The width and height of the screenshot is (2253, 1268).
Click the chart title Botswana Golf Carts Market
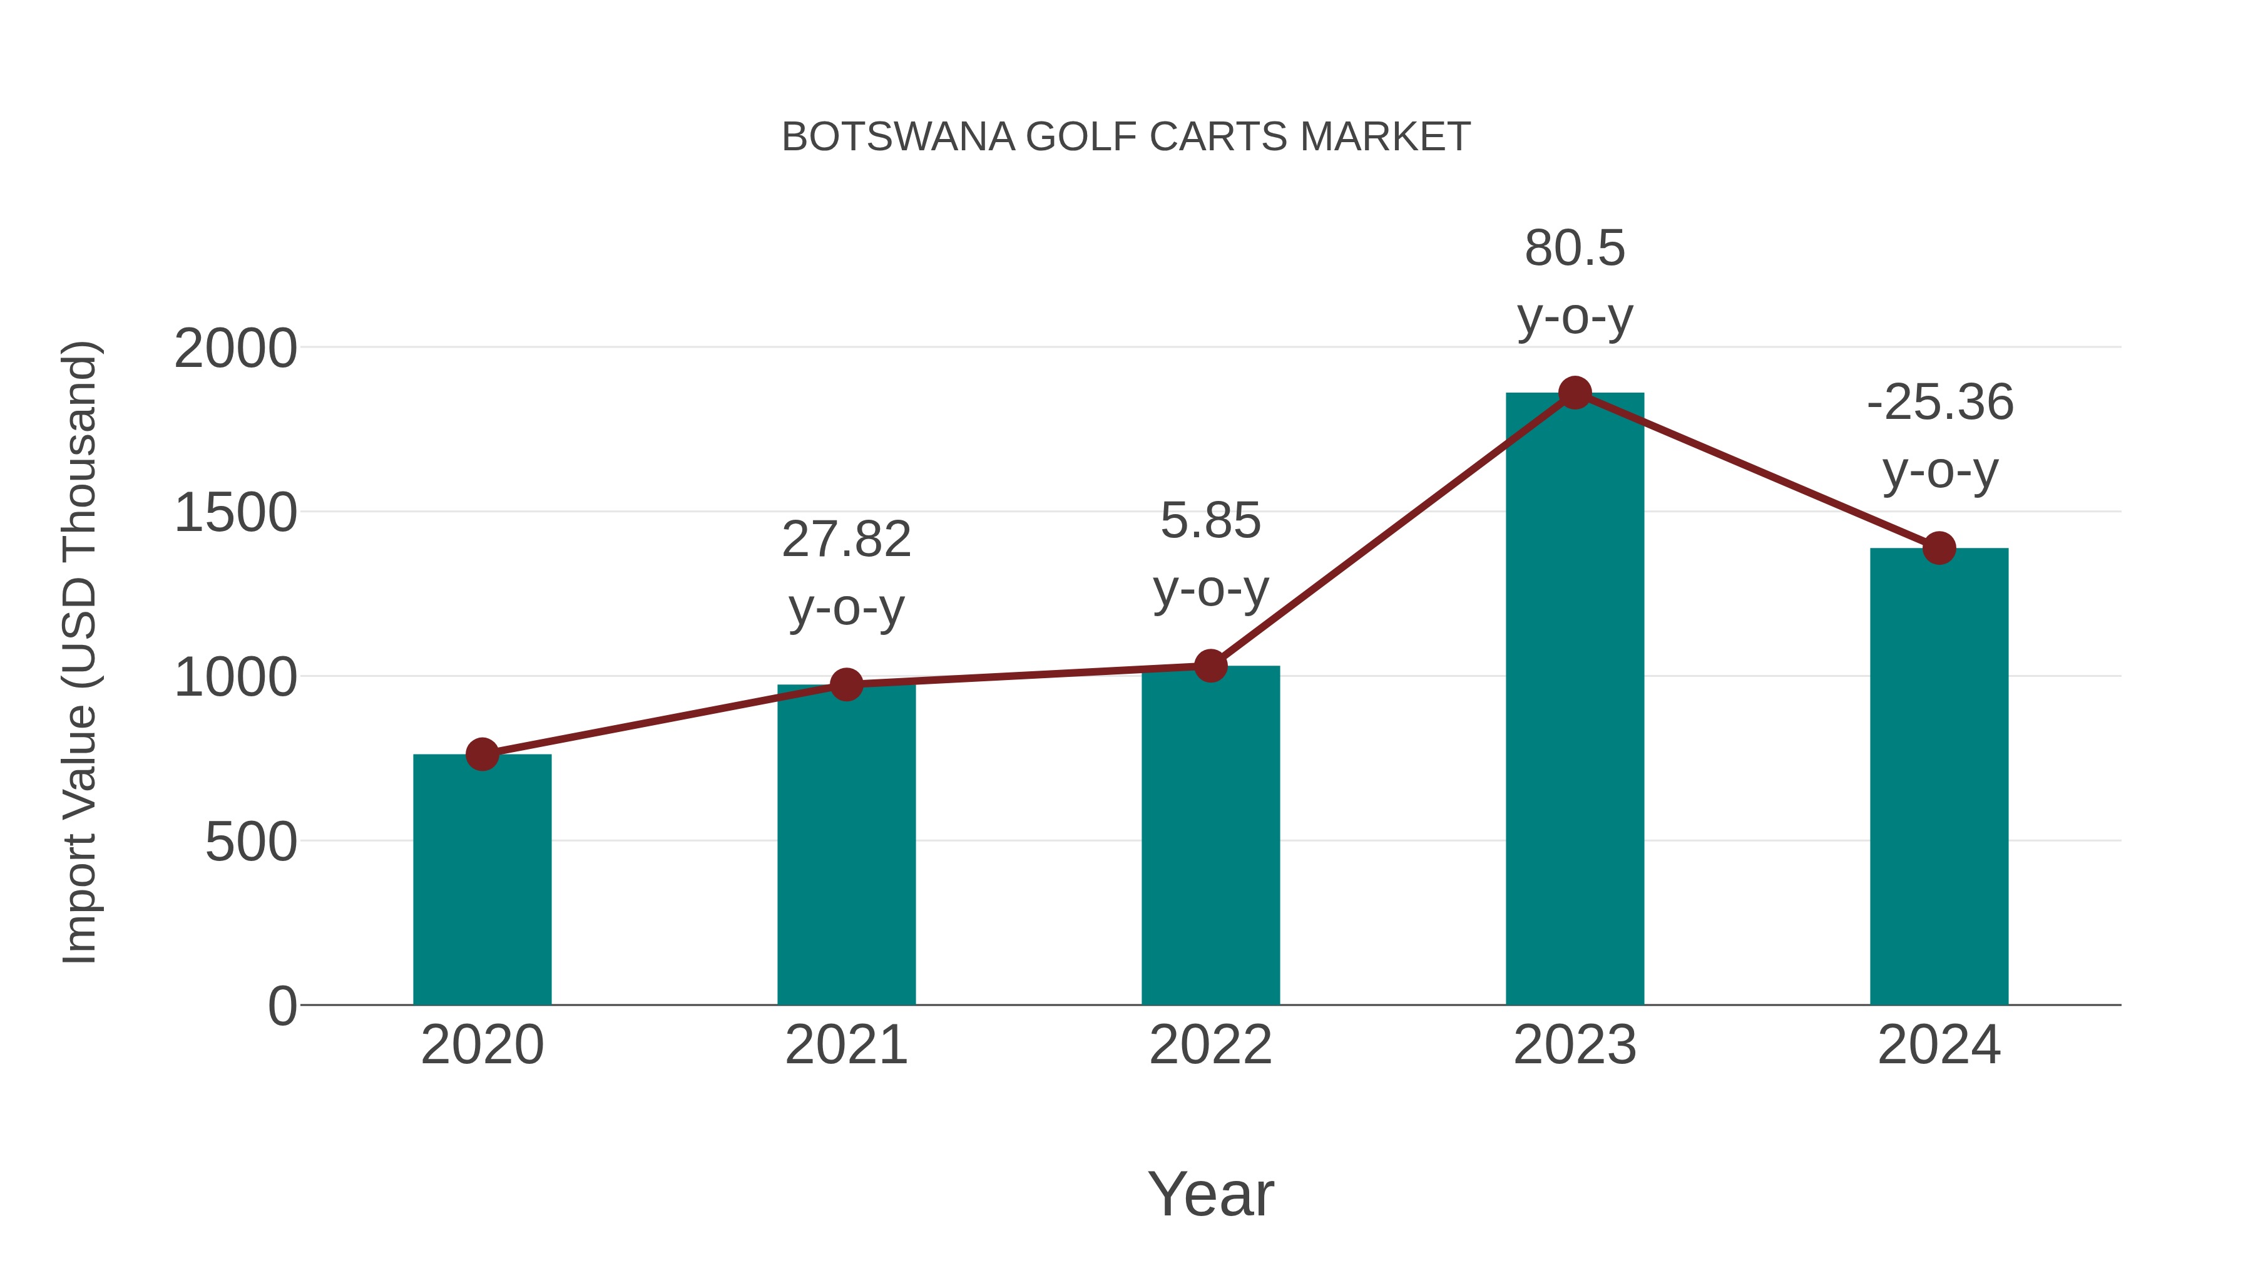point(1126,137)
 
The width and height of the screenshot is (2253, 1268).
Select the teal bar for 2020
point(482,880)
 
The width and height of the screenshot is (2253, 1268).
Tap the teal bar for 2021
point(846,845)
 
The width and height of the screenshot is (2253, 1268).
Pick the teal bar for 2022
point(1210,836)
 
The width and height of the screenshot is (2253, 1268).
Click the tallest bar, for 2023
point(1575,700)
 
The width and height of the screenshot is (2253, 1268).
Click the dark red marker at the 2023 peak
point(1575,393)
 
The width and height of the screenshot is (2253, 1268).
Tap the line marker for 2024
point(1939,549)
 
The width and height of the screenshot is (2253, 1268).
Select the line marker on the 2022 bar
point(1210,666)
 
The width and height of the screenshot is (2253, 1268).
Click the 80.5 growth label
point(1575,249)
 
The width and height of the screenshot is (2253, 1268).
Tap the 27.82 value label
point(846,540)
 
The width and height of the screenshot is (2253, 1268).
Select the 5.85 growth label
point(1210,522)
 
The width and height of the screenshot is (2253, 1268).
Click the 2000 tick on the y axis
point(235,349)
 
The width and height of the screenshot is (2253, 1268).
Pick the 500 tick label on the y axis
point(251,843)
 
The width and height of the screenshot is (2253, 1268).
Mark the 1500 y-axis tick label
point(235,513)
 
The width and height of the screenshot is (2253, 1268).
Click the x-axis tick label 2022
point(1210,1046)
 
